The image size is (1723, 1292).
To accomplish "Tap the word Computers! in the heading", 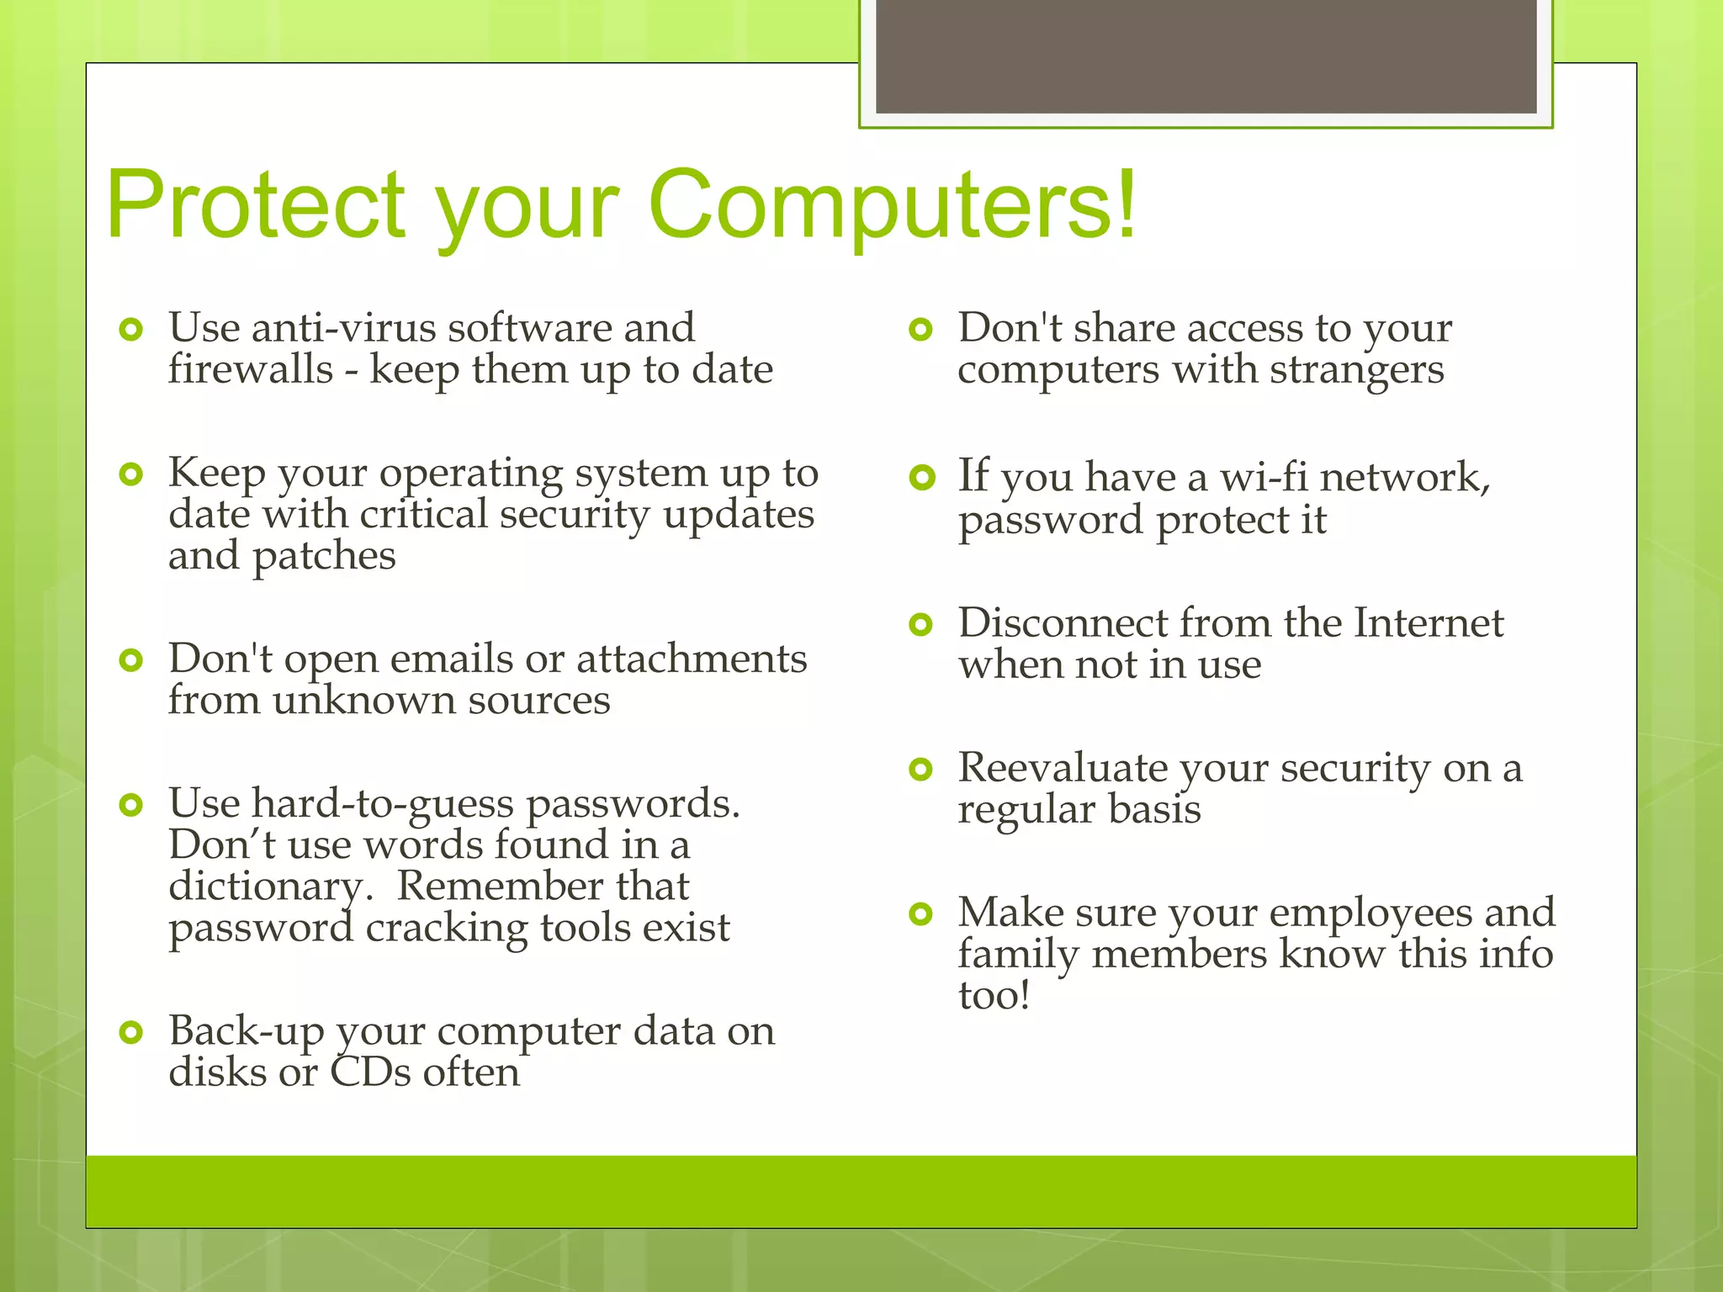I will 892,204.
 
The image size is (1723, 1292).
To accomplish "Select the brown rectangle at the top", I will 1206,56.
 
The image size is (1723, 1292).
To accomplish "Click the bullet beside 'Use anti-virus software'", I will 130,329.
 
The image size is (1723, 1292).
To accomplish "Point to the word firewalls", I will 251,369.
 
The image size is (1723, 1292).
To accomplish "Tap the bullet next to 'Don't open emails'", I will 130,660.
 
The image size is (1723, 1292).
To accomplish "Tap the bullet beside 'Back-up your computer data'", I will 130,1032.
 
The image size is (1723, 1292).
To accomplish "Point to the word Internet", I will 1429,623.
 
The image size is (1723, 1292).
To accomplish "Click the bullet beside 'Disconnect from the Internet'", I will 921,624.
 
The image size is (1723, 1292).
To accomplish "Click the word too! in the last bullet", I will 994,996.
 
